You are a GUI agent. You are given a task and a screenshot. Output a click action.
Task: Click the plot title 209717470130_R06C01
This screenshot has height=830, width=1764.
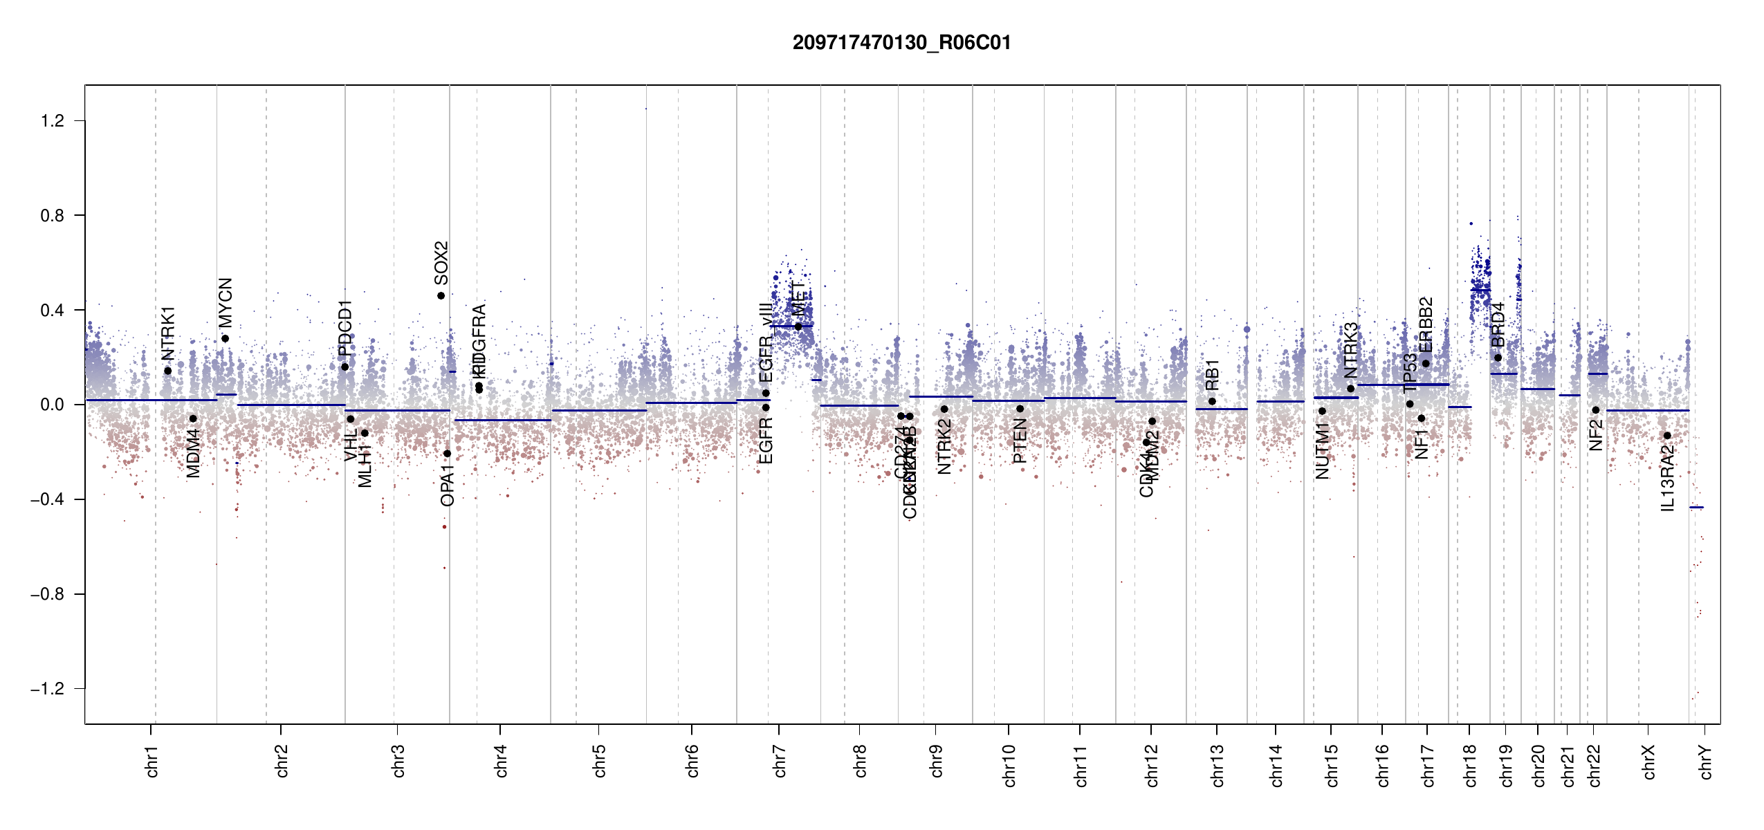click(901, 43)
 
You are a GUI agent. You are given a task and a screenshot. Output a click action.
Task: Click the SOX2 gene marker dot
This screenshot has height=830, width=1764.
click(441, 296)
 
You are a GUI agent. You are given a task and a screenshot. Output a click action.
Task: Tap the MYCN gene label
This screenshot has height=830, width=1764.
click(226, 302)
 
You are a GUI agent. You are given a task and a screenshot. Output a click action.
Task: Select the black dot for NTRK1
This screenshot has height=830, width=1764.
click(167, 371)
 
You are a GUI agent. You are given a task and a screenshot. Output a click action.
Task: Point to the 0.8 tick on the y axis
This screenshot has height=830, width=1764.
click(53, 216)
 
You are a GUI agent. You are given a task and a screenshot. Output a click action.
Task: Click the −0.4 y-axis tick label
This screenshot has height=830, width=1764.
click(48, 499)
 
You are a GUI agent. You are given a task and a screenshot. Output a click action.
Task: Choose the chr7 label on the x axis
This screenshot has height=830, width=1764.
click(780, 761)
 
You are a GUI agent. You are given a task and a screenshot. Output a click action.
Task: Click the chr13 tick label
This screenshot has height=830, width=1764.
click(1217, 765)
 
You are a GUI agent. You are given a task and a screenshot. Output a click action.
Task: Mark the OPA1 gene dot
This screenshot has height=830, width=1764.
click(447, 454)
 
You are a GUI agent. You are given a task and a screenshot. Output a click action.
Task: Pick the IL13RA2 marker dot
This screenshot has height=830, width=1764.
click(1667, 436)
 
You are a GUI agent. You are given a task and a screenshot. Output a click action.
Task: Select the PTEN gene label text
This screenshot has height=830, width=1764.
click(1020, 441)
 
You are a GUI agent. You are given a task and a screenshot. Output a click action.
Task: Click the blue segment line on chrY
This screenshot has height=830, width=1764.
click(1696, 508)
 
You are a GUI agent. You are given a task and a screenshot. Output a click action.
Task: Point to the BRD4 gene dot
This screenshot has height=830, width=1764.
click(1498, 358)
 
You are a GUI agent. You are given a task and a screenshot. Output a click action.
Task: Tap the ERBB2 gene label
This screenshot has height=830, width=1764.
click(1426, 324)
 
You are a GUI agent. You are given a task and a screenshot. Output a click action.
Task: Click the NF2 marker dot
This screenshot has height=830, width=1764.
click(1596, 410)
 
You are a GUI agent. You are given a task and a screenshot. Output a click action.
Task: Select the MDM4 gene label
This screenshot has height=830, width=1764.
click(193, 453)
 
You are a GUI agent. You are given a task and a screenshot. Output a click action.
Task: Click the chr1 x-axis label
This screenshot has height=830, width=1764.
click(151, 761)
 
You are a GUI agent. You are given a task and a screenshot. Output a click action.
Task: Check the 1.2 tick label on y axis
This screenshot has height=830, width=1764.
click(53, 121)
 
